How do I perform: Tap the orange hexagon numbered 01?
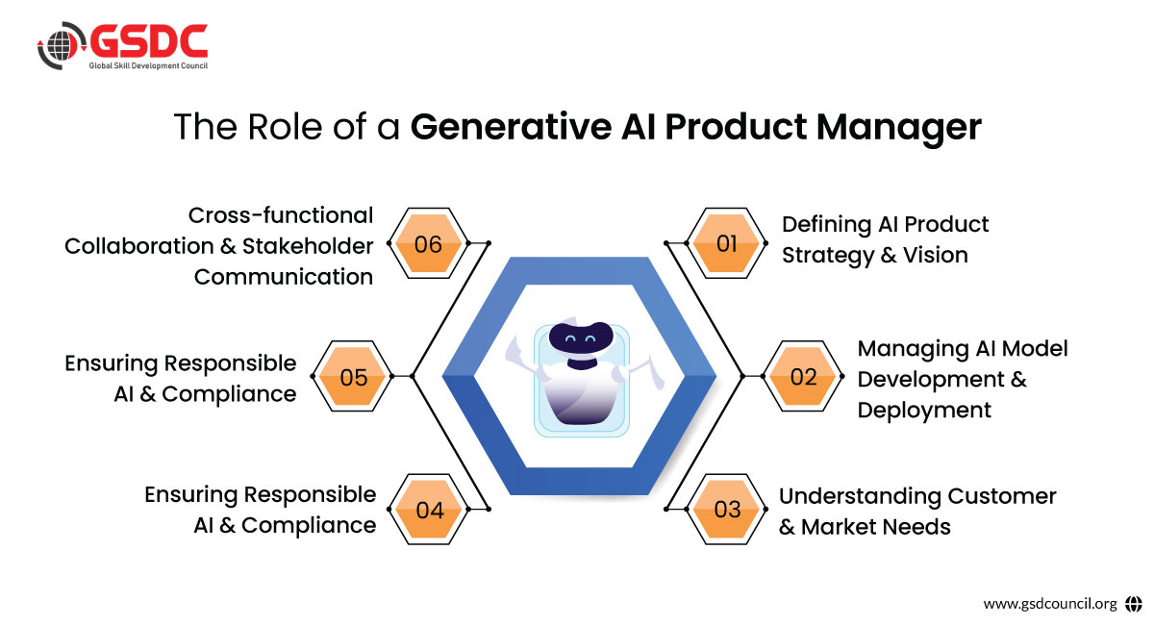pos(727,244)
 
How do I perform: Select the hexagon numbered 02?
pos(803,377)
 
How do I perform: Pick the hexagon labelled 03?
pos(727,509)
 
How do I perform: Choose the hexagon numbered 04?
pos(429,510)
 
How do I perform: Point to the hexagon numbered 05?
pos(354,377)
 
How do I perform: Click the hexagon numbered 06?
pos(428,244)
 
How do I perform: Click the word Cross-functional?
pos(281,214)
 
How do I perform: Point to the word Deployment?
pos(924,410)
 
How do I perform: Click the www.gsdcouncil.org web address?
pos(1049,604)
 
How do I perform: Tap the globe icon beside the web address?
pos(1133,604)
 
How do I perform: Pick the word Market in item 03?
pos(839,527)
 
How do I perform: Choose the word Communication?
pos(284,277)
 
